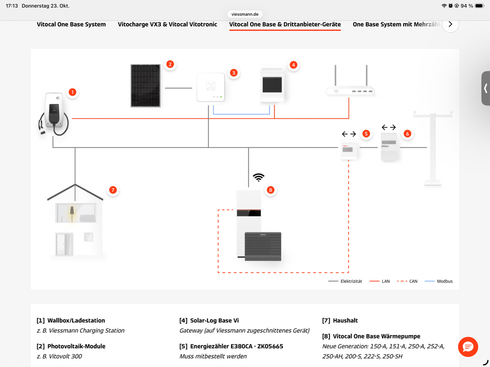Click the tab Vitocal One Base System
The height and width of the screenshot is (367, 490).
[71, 24]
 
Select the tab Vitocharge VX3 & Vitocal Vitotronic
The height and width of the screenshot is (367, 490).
[167, 24]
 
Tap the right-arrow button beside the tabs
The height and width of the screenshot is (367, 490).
[450, 24]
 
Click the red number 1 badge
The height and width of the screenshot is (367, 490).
[73, 92]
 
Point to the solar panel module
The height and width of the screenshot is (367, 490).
[145, 85]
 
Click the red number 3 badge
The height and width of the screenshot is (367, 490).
[234, 73]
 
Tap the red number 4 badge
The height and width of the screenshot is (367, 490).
[293, 65]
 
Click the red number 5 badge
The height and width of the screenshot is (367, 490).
[366, 133]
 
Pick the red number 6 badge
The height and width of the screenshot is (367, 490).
[407, 133]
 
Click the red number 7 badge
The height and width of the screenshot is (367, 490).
[113, 190]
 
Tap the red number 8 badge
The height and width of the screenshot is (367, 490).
[270, 190]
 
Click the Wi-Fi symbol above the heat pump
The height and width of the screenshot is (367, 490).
[258, 177]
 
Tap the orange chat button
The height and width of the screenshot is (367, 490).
[467, 347]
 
